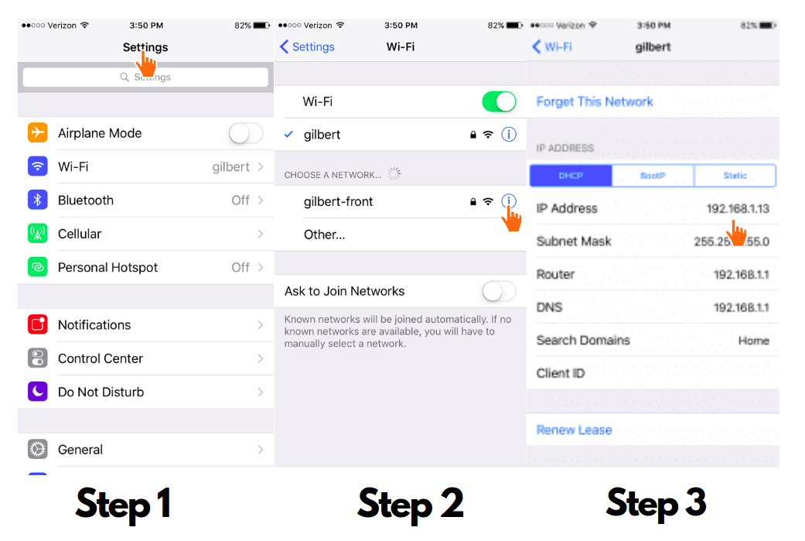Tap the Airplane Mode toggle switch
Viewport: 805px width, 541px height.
(246, 134)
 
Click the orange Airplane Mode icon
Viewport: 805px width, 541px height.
(37, 133)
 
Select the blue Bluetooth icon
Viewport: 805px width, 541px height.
(37, 200)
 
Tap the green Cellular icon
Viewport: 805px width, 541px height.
(37, 234)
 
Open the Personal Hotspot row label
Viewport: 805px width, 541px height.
(107, 268)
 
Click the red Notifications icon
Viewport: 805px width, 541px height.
(37, 325)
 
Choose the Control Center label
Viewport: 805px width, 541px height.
(101, 359)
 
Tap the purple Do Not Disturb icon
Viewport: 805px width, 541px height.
(37, 392)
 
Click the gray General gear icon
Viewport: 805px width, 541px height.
(37, 450)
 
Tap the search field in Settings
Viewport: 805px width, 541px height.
(145, 77)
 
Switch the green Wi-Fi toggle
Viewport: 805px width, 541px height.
(499, 101)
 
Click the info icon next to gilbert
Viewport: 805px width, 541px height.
(509, 135)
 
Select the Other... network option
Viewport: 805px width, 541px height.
(324, 235)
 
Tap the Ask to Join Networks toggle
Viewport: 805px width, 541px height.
(499, 292)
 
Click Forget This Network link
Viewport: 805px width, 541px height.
(595, 102)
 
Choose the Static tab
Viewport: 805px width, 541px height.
(735, 176)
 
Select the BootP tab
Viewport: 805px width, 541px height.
(653, 176)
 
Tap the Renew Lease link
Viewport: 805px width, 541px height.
(574, 430)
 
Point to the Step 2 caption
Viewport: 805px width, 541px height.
(410, 504)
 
